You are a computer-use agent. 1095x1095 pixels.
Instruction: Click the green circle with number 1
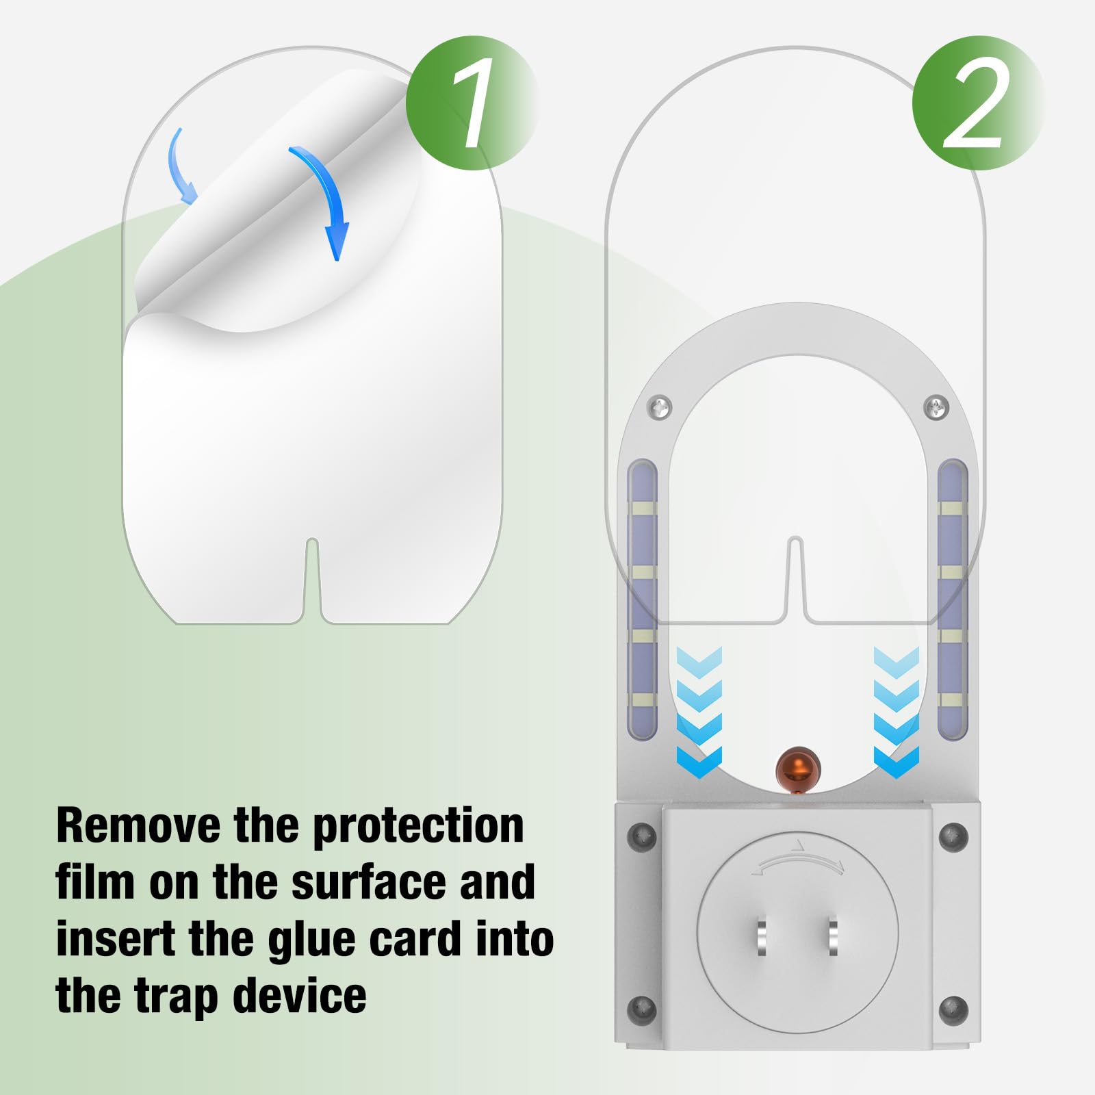click(472, 103)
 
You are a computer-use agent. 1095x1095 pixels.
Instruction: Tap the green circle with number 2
click(977, 103)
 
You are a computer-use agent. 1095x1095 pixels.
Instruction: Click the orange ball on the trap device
click(798, 769)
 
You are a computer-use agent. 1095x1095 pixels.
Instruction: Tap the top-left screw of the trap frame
click(660, 408)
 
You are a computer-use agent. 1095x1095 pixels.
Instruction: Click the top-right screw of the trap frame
click(936, 408)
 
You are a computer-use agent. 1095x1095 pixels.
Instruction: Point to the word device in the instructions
click(300, 996)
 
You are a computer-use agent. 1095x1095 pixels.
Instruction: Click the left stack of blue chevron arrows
click(699, 712)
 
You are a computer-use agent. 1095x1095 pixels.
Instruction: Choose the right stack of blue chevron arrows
click(897, 712)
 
